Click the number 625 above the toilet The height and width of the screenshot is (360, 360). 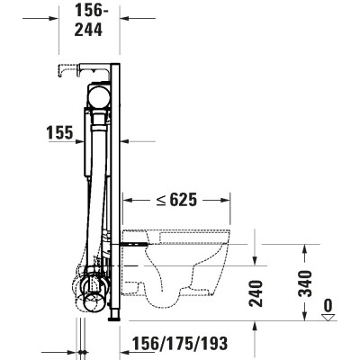click(181, 198)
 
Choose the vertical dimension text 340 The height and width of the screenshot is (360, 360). click(307, 283)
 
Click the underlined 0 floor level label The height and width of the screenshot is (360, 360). click(329, 305)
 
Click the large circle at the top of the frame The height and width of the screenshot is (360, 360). click(96, 96)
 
